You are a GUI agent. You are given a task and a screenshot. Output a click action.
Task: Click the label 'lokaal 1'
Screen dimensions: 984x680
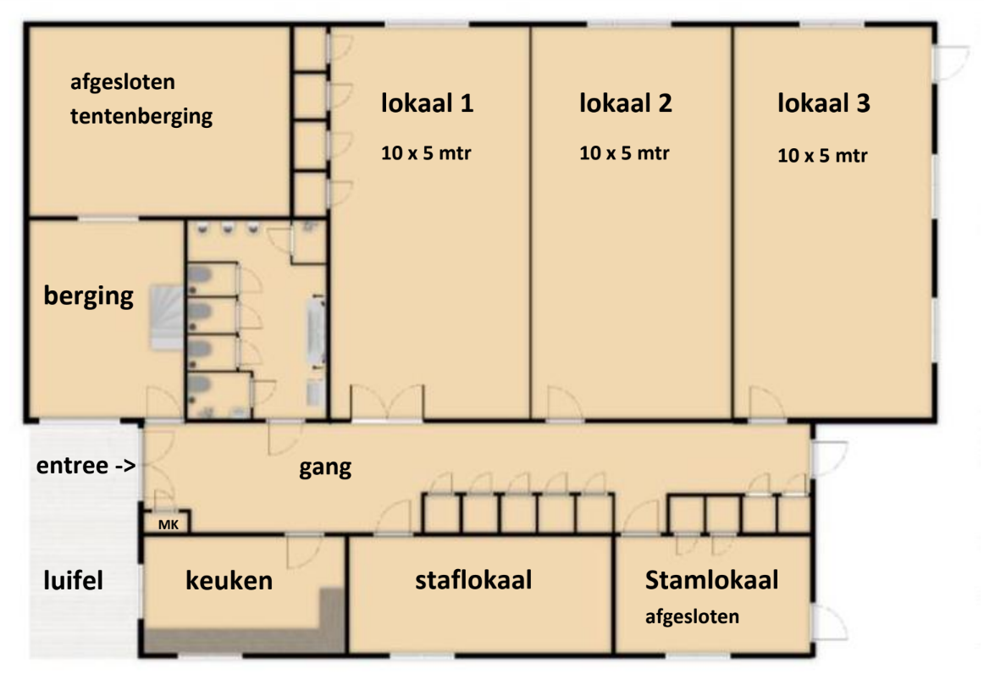pos(427,102)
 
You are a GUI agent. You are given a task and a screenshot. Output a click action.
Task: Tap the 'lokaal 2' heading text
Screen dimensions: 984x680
pos(625,102)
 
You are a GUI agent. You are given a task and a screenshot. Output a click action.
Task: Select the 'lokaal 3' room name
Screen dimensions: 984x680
pos(823,102)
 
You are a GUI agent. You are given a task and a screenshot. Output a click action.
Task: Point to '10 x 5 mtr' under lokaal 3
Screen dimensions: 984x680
pos(822,155)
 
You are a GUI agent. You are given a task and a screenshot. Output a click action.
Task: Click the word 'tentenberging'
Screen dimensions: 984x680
pos(141,116)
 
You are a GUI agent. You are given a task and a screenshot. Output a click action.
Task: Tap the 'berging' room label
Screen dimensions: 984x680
pos(88,296)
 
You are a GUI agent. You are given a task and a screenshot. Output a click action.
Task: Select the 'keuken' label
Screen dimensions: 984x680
pos(229,580)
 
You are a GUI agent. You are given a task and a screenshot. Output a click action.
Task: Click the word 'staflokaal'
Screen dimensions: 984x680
pos(473,579)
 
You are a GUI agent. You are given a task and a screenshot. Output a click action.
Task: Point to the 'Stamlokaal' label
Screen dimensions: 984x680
pos(711,579)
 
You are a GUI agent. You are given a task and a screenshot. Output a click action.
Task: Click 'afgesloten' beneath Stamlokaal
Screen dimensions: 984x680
pos(692,616)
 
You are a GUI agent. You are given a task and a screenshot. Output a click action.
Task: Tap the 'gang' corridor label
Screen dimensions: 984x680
pos(325,468)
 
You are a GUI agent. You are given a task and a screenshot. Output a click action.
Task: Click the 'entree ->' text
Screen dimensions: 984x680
pos(86,466)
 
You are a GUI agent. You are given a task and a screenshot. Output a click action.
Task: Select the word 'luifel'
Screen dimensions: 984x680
pos(73,580)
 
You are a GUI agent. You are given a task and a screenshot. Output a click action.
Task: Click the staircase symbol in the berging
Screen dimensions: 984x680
pos(166,317)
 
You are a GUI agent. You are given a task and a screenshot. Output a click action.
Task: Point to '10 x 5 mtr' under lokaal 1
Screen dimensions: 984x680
pos(425,152)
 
